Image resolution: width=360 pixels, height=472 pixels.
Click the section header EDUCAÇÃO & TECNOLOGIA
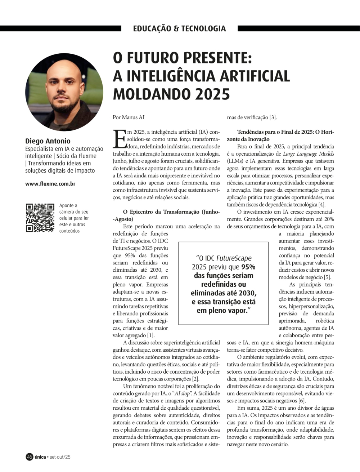click(179, 28)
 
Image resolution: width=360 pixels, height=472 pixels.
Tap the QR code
click(40, 218)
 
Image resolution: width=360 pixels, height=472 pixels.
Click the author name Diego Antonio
click(48, 141)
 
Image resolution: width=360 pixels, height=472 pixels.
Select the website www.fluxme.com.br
click(50, 184)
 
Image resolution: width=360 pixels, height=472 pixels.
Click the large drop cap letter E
click(120, 139)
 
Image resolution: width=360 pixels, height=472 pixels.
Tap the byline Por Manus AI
click(129, 117)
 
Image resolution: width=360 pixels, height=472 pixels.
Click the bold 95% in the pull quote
click(248, 267)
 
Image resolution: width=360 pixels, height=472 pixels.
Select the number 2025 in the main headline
click(213, 94)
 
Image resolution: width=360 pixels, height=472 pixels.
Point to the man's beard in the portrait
click(64, 106)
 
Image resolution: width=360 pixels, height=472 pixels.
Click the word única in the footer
click(40, 457)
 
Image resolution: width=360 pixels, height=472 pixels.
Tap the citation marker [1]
click(151, 335)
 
